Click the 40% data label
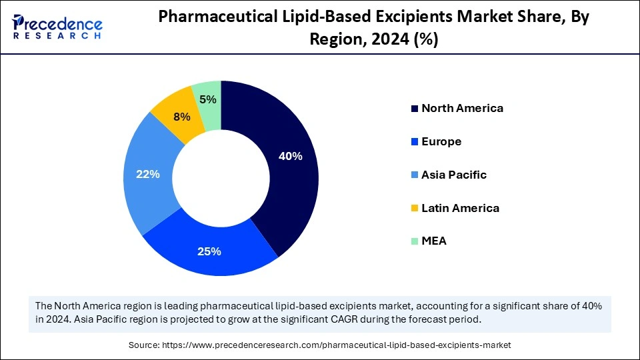pyautogui.click(x=291, y=157)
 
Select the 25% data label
pyautogui.click(x=209, y=251)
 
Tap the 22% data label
pyautogui.click(x=148, y=174)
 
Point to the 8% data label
pyautogui.click(x=181, y=117)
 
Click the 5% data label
pyautogui.click(x=208, y=99)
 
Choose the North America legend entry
pyautogui.click(x=461, y=108)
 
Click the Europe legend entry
pyautogui.click(x=441, y=141)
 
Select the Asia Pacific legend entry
pyautogui.click(x=453, y=175)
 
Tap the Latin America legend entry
pyautogui.click(x=459, y=208)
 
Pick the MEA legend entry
pyautogui.click(x=433, y=241)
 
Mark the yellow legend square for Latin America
pyautogui.click(x=415, y=208)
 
